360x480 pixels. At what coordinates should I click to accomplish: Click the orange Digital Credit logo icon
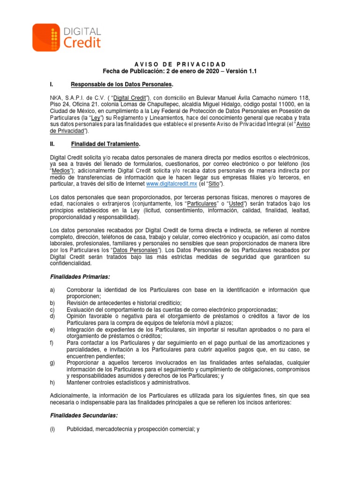pyautogui.click(x=46, y=37)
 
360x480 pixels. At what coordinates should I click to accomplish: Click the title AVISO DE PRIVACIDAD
pyautogui.click(x=180, y=64)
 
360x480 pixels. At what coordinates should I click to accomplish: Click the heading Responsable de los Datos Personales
pyautogui.click(x=121, y=84)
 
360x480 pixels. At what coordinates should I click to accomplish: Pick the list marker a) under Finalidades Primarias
pyautogui.click(x=52, y=290)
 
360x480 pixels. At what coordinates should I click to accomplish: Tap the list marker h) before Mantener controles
pyautogui.click(x=52, y=382)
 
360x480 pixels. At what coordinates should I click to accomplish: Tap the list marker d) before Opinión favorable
pyautogui.click(x=52, y=316)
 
